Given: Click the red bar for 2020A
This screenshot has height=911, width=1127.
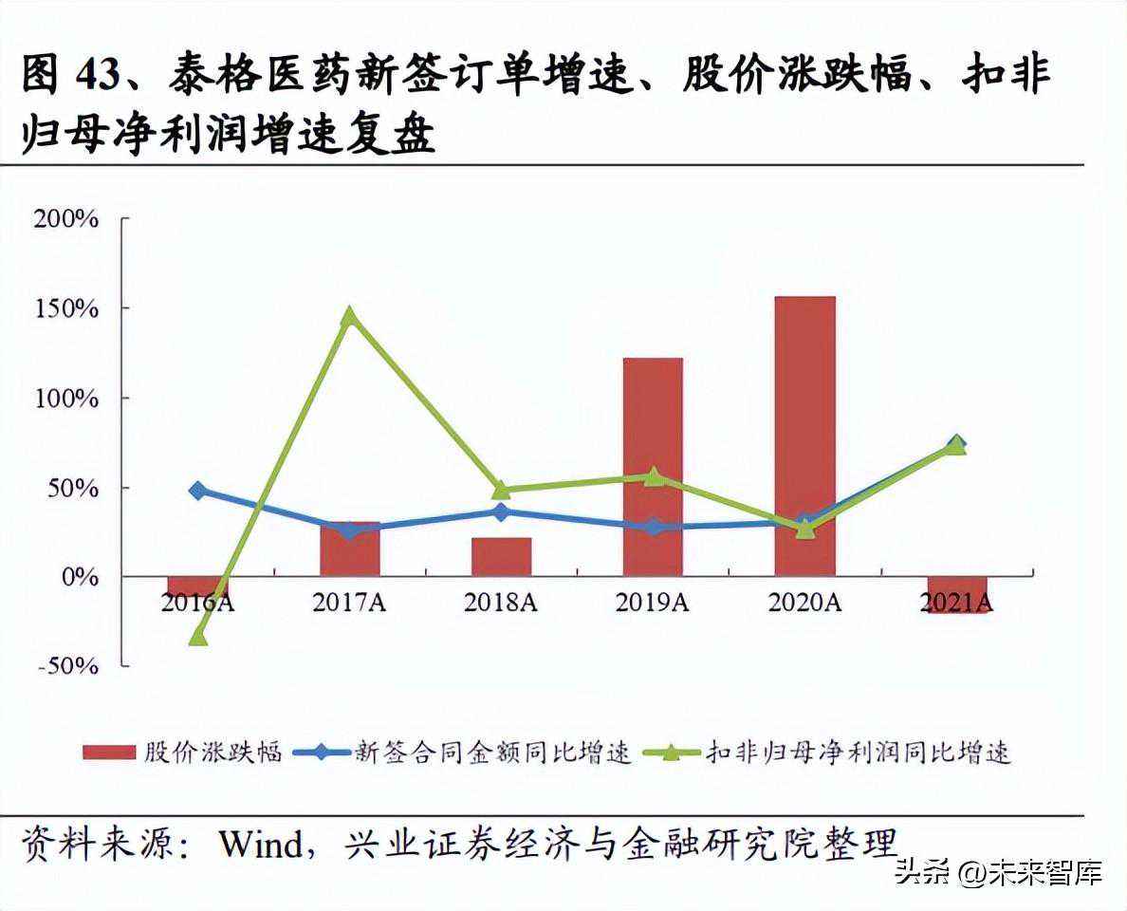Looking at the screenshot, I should tap(804, 437).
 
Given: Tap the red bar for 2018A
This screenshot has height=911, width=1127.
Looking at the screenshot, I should tap(501, 557).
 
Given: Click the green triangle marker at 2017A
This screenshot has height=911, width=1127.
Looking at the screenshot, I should tap(349, 316).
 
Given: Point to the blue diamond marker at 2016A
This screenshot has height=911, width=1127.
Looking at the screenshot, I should tap(197, 491).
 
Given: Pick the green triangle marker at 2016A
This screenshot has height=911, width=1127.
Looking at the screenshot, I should tap(197, 637).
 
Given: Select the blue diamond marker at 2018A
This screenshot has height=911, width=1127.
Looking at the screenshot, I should tap(501, 512).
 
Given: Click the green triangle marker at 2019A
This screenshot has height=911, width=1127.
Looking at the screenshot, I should tap(653, 476).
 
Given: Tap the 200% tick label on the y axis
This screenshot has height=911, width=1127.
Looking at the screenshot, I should tap(65, 219).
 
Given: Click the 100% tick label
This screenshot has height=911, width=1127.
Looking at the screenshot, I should tap(65, 398).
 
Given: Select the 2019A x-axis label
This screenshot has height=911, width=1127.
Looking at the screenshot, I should tap(652, 603).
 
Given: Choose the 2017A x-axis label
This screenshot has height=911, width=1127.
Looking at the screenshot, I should tap(348, 603).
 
